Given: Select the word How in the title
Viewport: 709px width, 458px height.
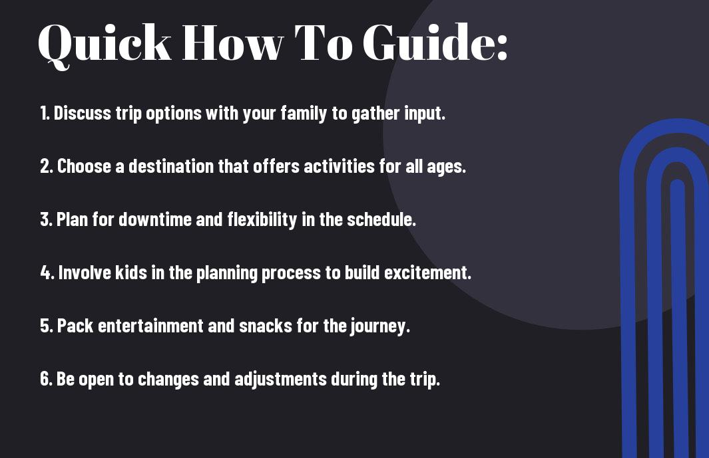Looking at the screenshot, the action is pos(232,43).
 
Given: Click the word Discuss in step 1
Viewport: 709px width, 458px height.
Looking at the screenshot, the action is pos(83,113).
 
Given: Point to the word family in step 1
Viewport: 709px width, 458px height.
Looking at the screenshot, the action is pos(304,114).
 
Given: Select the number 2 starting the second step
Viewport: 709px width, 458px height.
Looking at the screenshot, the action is pos(45,166).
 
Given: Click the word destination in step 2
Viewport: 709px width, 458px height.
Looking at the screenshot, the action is pos(171,166).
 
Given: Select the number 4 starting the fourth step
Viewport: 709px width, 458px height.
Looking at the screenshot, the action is pos(45,273).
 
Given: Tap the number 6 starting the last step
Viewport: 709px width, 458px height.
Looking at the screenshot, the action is pos(45,378).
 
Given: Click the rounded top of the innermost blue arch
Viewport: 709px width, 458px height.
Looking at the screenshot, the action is pos(677,184).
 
